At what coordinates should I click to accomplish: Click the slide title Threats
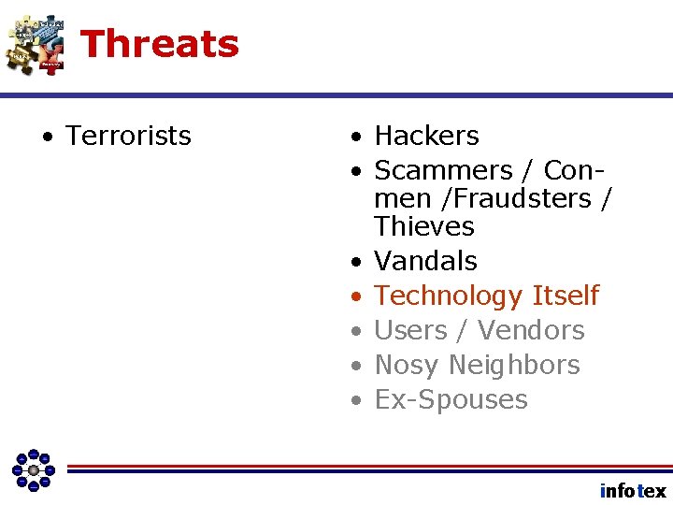pos(160,44)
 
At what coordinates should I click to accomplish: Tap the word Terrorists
pos(128,137)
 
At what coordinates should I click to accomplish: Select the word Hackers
pos(426,137)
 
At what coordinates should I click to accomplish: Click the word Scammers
pos(443,171)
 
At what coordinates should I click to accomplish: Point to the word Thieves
pos(424,226)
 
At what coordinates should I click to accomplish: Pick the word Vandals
pos(425,261)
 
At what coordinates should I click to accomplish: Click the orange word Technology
pos(448,296)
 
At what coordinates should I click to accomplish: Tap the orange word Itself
pos(565,296)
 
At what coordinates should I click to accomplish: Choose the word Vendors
pos(531,330)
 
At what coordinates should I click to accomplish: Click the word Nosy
pos(408,366)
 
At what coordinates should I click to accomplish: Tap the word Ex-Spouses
pos(451,400)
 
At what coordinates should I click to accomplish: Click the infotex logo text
pos(633,491)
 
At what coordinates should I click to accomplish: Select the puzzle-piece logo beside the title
pos(35,44)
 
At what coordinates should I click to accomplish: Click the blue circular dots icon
pos(34,469)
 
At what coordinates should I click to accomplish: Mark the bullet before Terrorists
pos(46,137)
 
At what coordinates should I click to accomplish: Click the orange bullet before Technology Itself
pos(356,297)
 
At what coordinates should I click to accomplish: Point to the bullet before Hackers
pos(356,137)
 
